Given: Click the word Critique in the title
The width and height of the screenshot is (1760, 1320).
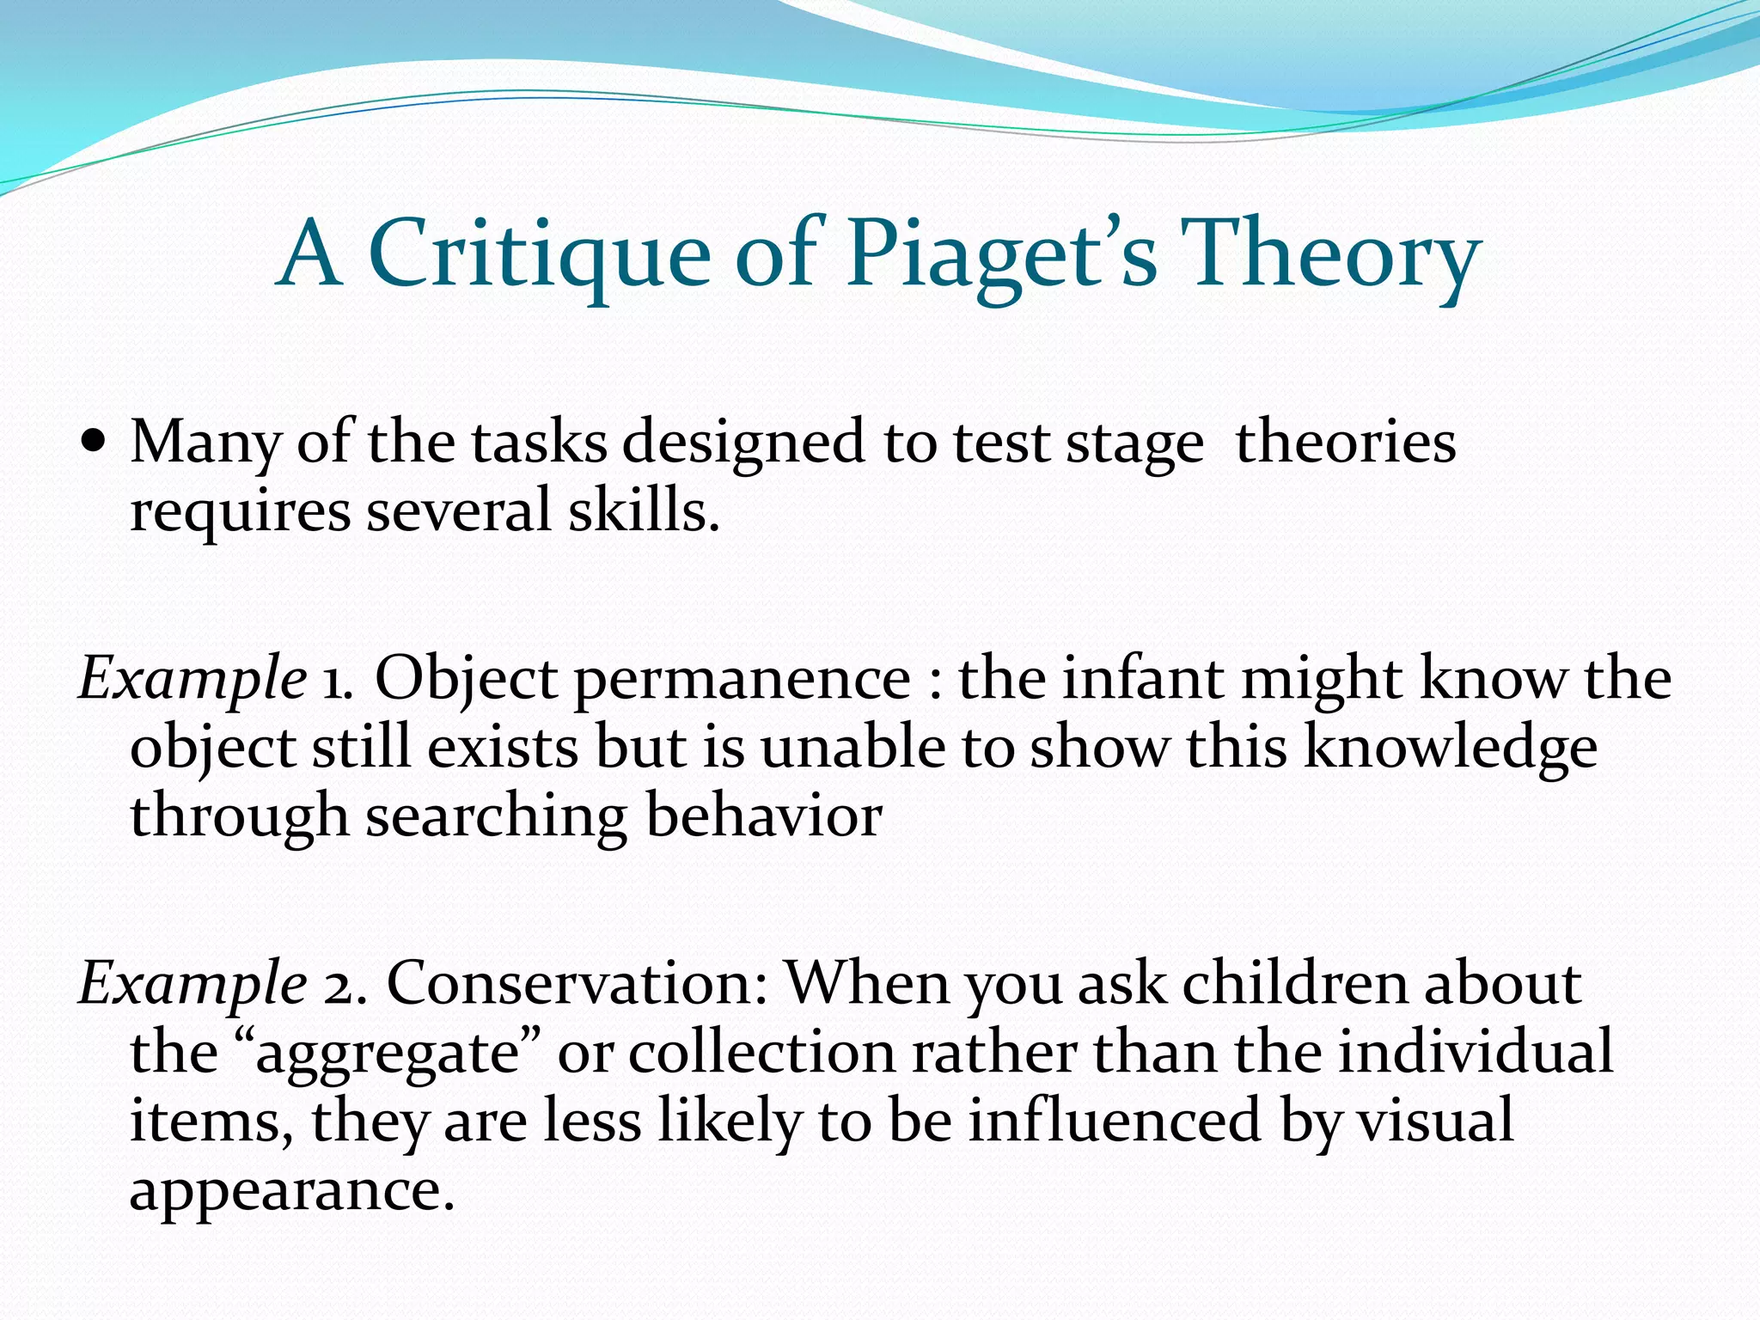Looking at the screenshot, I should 539,254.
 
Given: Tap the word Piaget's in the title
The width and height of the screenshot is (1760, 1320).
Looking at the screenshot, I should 1001,254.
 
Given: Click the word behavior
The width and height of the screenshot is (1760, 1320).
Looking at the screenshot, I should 763,815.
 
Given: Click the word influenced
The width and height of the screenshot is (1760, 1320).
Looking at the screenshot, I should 1114,1121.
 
